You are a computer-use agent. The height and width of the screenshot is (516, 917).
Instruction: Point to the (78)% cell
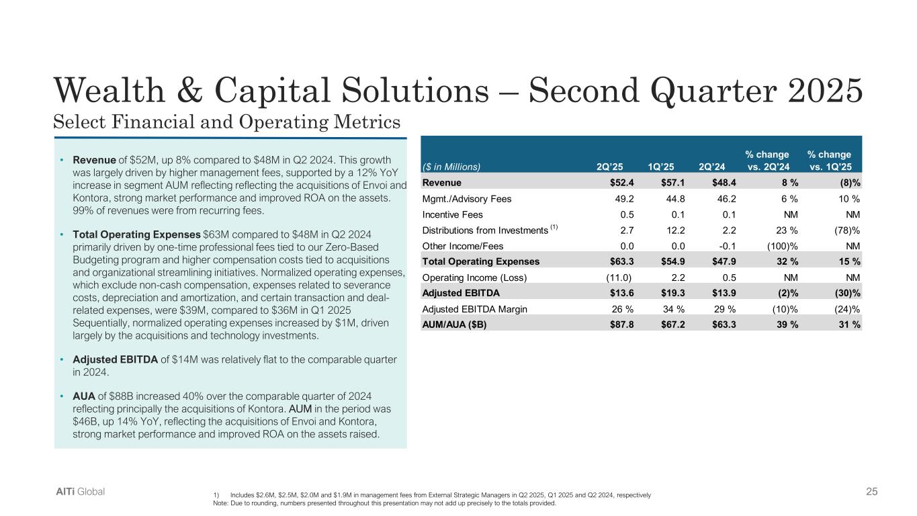[x=847, y=230]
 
